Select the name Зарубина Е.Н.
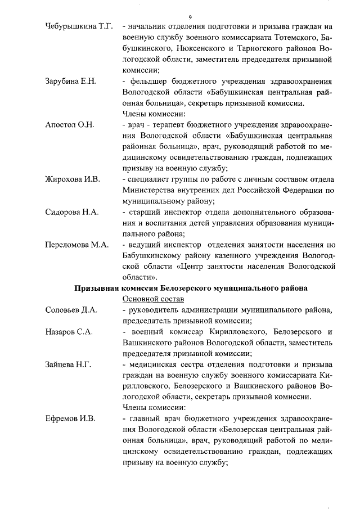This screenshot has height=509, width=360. click(x=70, y=81)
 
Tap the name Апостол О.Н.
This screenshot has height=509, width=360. click(x=69, y=124)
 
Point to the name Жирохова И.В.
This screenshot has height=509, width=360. click(x=72, y=179)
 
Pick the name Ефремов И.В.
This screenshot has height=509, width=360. click(x=70, y=418)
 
